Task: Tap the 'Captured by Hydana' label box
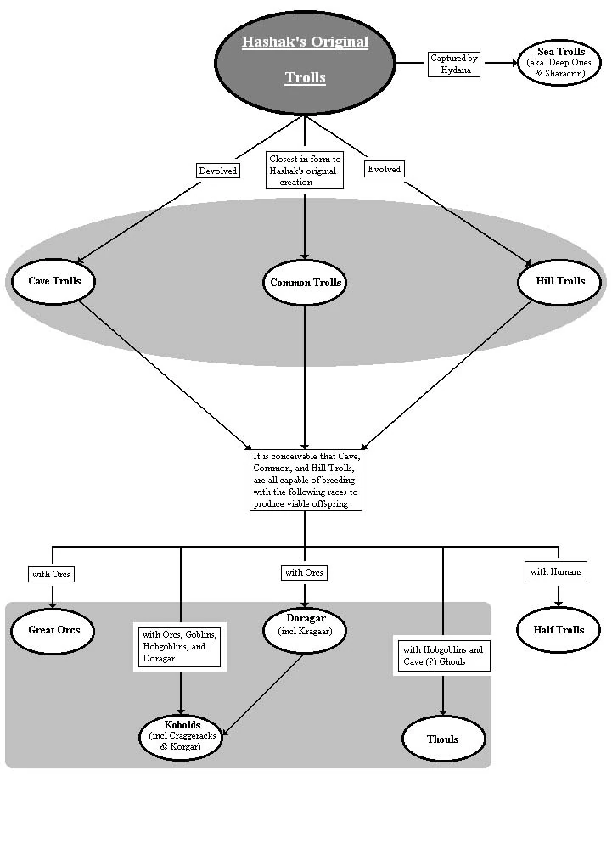point(455,65)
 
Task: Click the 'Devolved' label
point(218,171)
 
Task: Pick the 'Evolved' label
point(384,169)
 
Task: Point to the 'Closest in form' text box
point(305,170)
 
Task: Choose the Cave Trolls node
point(54,281)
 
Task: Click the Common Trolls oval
point(306,283)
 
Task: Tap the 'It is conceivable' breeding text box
point(306,480)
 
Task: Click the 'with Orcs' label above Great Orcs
point(52,575)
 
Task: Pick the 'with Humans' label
point(556,571)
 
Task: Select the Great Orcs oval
point(54,630)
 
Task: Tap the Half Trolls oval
point(559,630)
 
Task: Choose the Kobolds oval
point(180,735)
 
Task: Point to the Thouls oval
point(443,739)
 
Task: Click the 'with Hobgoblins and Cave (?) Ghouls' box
point(441,655)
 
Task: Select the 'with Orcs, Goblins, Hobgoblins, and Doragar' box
point(180,647)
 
